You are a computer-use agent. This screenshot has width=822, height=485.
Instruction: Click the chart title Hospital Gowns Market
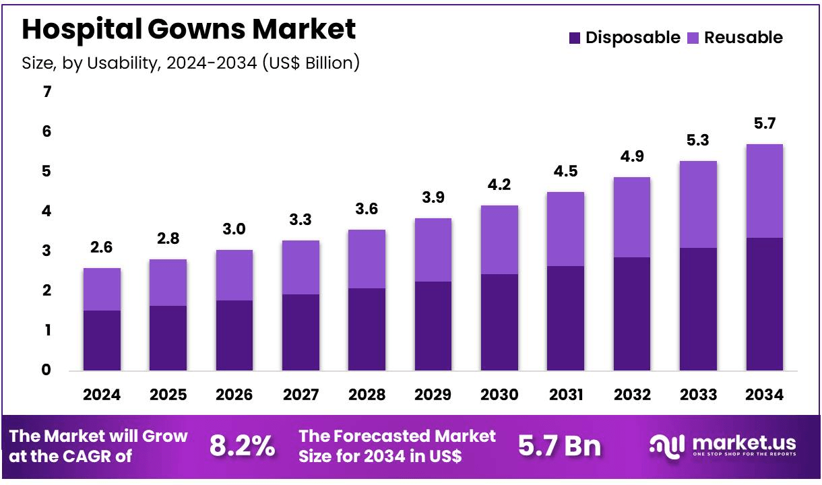pos(189,30)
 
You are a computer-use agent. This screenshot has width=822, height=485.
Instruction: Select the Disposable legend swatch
pos(575,38)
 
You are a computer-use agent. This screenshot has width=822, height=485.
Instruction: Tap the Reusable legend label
pos(743,38)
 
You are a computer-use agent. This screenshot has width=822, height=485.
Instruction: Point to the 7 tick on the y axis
pos(46,92)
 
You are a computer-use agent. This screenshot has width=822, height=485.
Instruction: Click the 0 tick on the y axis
pos(46,370)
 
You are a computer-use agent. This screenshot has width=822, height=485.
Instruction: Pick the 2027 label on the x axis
pos(301,395)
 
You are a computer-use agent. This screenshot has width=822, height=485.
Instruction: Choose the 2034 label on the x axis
pos(765,395)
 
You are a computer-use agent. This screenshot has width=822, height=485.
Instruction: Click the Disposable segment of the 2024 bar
pos(102,340)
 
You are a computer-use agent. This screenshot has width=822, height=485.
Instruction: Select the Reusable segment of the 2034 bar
pos(765,191)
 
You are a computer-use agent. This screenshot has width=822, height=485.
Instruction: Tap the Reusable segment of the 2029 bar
pos(433,250)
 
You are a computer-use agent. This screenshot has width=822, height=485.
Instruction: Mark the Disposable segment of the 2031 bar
pos(565,318)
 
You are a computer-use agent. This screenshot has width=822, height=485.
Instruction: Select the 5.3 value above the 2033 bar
pos(698,141)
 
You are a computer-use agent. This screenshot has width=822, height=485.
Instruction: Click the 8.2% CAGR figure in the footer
pos(242,445)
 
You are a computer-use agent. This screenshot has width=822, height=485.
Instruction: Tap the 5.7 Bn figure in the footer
pos(559,445)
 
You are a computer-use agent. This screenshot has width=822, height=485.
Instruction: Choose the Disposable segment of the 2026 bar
pos(234,335)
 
